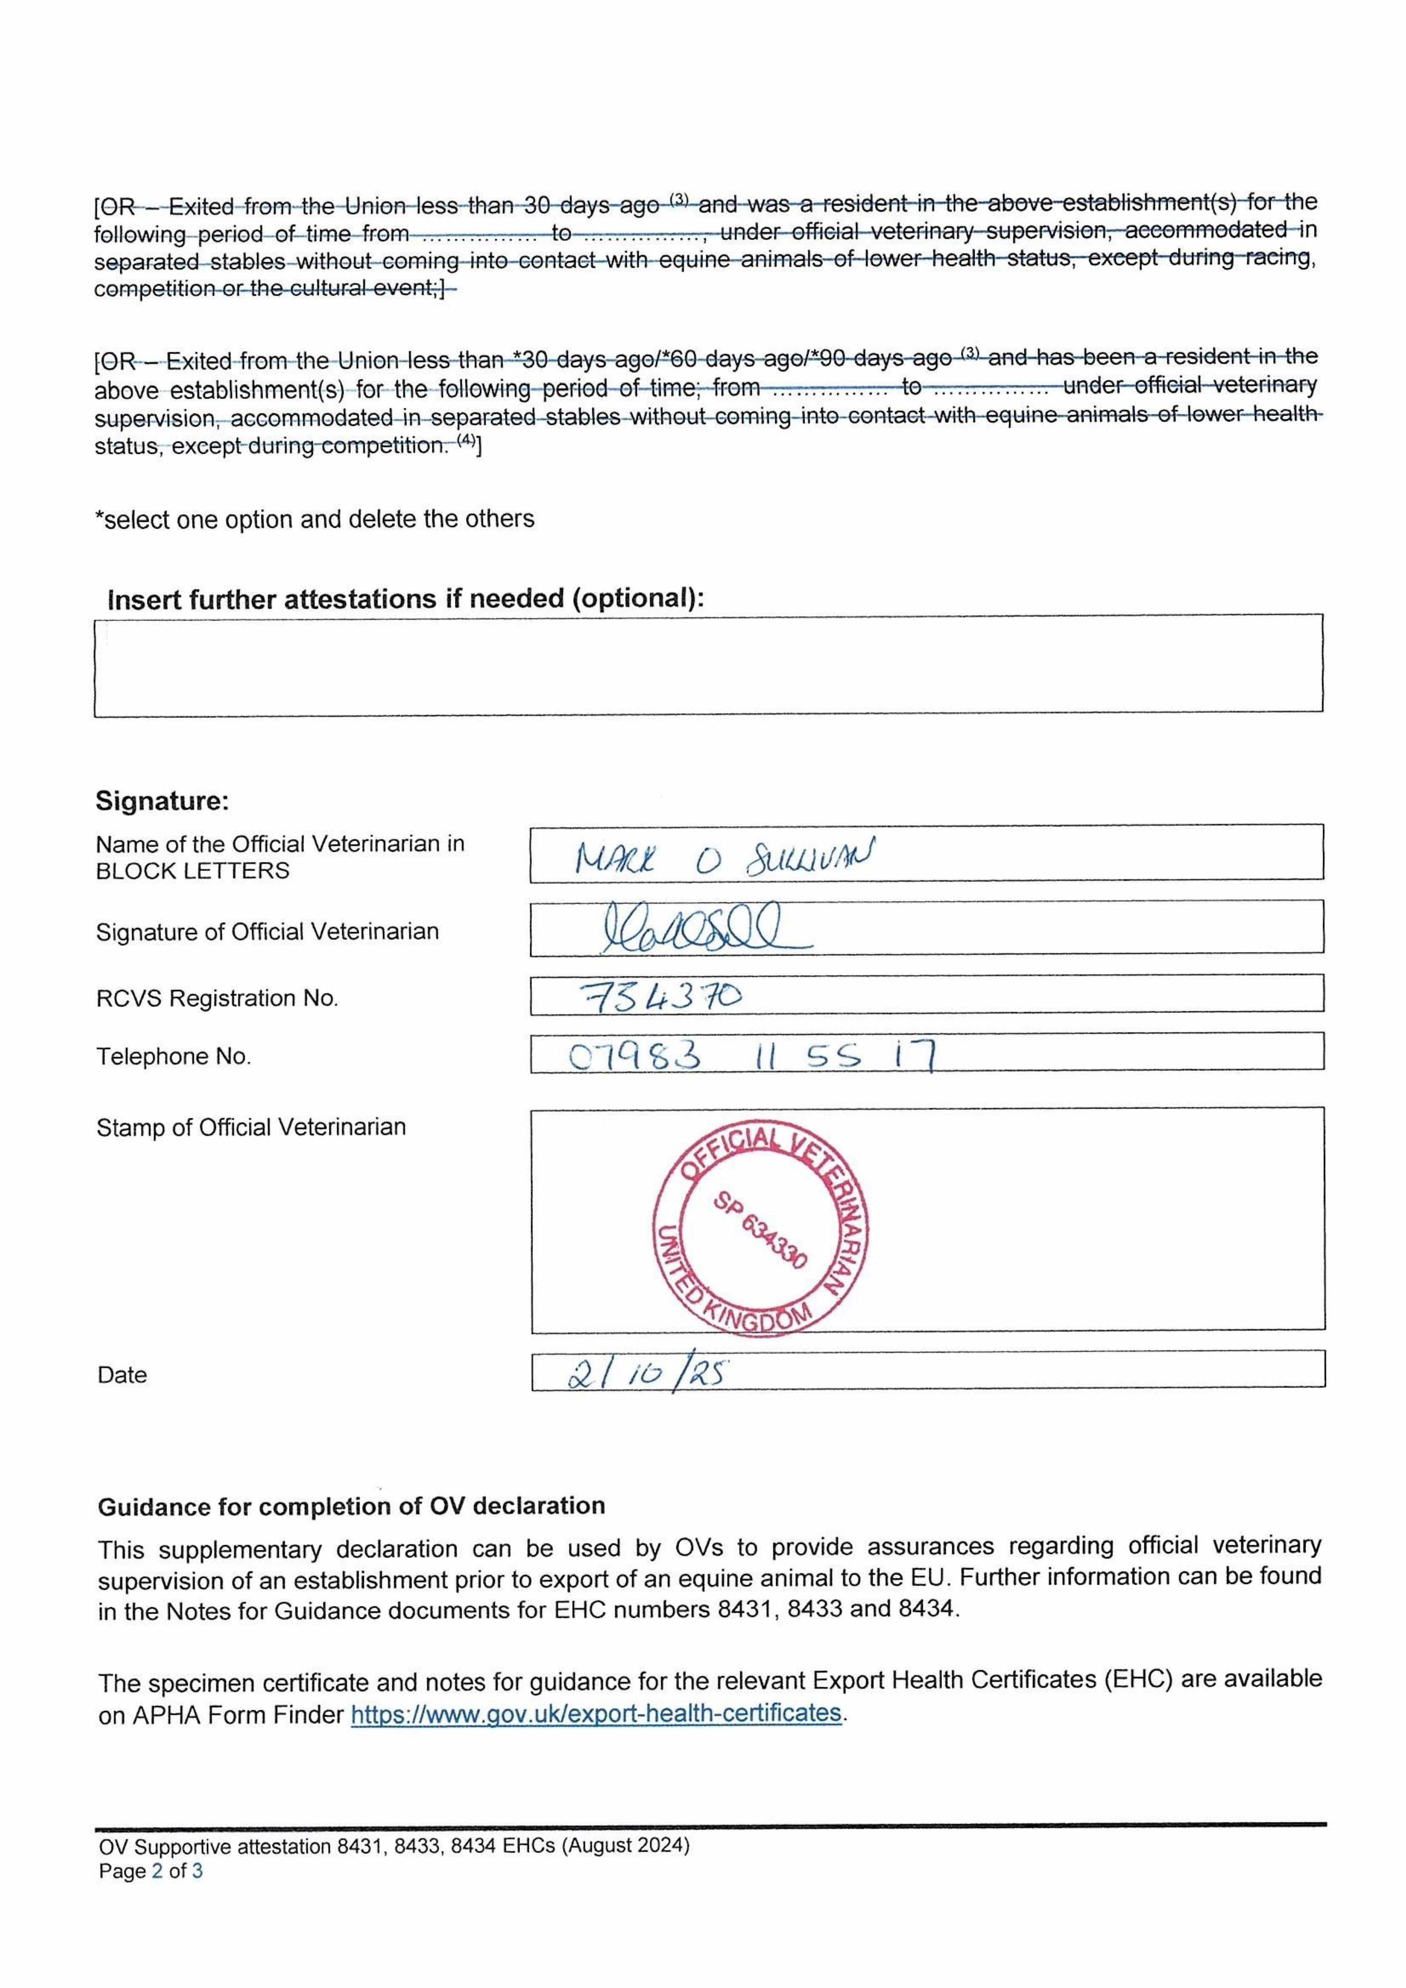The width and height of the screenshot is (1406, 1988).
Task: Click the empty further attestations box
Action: point(708,665)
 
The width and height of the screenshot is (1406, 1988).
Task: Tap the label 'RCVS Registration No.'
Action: point(216,998)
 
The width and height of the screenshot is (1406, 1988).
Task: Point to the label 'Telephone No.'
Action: point(173,1056)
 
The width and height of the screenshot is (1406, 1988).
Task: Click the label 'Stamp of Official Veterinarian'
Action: point(250,1127)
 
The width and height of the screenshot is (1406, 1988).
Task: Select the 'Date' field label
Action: point(122,1375)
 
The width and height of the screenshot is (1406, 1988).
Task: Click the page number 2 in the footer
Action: point(157,1871)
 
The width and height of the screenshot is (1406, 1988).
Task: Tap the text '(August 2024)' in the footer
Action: point(625,1845)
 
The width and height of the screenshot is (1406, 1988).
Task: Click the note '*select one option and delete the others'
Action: point(314,520)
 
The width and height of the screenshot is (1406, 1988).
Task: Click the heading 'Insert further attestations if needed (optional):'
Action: point(405,599)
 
